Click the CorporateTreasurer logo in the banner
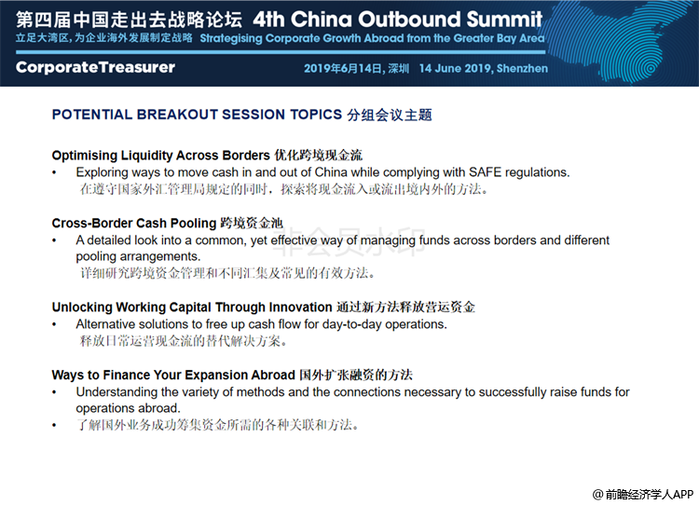(95, 67)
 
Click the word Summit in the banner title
(504, 20)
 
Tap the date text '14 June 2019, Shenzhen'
(483, 68)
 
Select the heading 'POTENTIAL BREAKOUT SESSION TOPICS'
(197, 115)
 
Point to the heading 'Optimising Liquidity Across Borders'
(161, 155)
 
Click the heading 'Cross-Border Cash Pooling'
(134, 223)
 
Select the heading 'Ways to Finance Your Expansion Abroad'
(173, 375)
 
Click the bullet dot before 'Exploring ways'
(54, 173)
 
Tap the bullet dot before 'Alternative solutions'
(54, 325)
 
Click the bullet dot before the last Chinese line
(54, 426)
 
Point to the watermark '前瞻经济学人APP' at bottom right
(643, 494)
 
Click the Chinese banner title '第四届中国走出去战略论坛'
(130, 20)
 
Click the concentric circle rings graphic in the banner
(649, 68)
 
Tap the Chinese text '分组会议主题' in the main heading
(390, 115)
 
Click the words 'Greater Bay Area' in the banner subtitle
(500, 38)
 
